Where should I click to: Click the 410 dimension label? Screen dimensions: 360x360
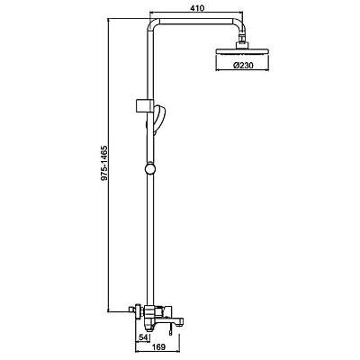[197, 8]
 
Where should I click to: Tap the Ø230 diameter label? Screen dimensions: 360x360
[243, 65]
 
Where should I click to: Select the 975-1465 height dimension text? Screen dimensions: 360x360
[104, 163]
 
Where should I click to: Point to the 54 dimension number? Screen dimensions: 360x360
[143, 337]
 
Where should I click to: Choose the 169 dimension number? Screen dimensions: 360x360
[158, 347]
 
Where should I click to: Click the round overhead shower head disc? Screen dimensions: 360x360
[243, 51]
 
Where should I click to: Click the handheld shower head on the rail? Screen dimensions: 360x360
[158, 119]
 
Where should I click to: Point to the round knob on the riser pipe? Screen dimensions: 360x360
[150, 168]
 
